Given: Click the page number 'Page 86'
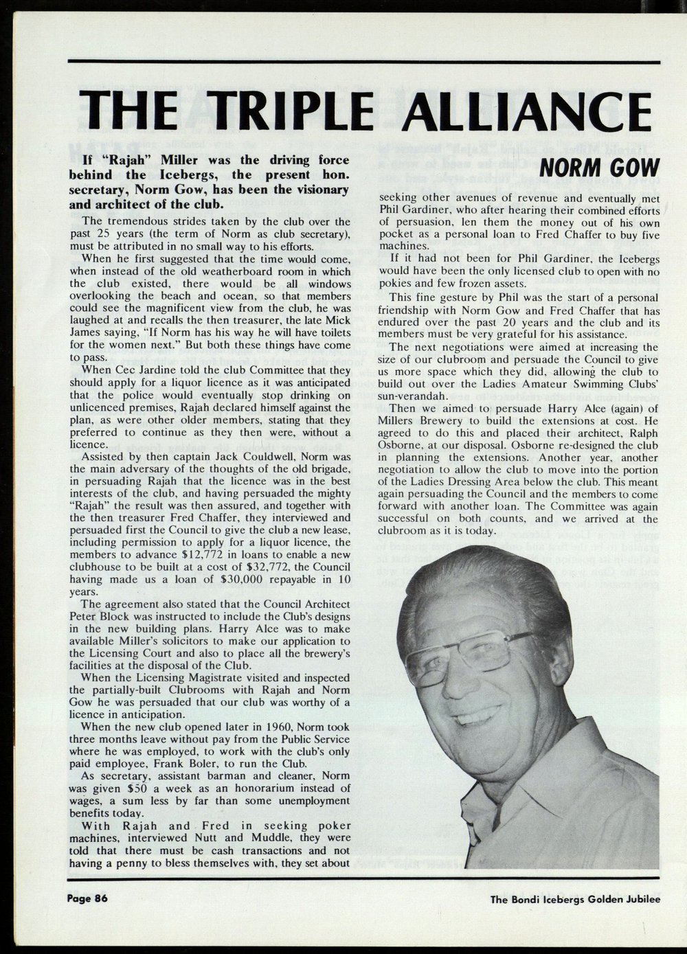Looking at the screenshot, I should [88, 898].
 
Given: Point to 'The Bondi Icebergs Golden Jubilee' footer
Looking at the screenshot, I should [574, 900].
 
